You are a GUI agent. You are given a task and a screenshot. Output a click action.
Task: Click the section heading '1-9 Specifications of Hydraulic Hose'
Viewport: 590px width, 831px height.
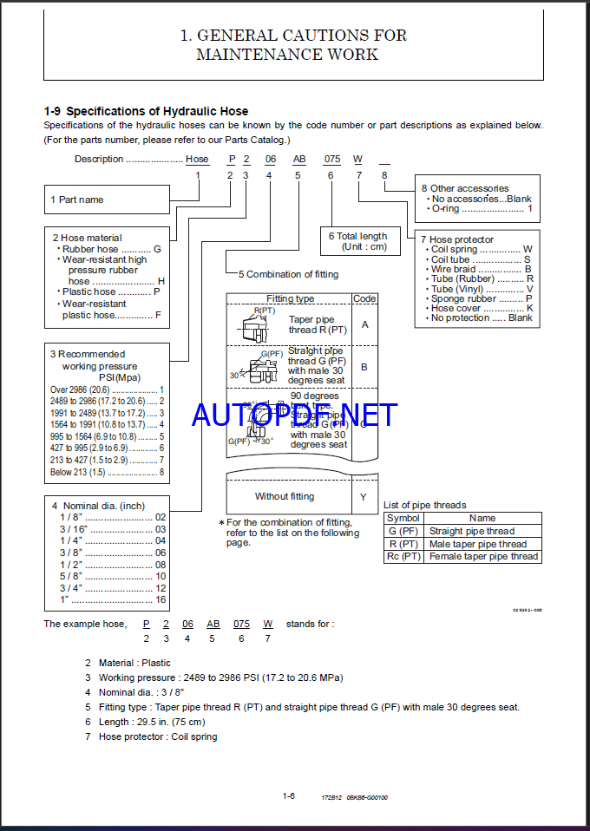click(146, 111)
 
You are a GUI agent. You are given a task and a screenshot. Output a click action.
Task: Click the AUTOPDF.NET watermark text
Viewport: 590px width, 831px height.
click(295, 415)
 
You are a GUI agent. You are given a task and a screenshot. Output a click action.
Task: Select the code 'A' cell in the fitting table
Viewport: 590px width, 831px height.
click(364, 324)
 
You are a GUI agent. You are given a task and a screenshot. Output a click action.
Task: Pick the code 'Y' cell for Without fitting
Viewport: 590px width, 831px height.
click(364, 497)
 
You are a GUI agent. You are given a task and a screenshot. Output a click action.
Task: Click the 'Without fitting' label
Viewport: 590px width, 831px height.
click(285, 497)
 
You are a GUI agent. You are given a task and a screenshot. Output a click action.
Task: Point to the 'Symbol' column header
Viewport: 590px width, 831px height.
click(403, 518)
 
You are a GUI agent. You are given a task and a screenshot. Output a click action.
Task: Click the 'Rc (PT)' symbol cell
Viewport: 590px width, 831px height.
click(403, 557)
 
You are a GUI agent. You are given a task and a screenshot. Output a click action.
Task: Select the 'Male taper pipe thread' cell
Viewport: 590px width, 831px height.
click(478, 544)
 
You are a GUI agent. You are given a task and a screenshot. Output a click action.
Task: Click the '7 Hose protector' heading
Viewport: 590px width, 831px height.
click(457, 239)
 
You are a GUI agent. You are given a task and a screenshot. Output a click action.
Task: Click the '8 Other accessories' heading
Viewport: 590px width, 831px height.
click(465, 188)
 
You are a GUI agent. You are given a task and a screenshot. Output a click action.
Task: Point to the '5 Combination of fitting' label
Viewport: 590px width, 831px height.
click(288, 274)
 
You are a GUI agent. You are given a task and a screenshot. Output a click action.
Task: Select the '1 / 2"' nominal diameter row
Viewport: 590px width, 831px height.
click(108, 565)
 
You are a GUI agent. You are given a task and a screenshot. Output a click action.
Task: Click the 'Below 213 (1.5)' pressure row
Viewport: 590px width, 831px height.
click(107, 472)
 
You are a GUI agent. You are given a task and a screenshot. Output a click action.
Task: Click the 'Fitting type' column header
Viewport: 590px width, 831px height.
click(290, 298)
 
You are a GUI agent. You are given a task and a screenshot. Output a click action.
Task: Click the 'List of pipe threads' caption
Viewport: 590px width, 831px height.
click(424, 505)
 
